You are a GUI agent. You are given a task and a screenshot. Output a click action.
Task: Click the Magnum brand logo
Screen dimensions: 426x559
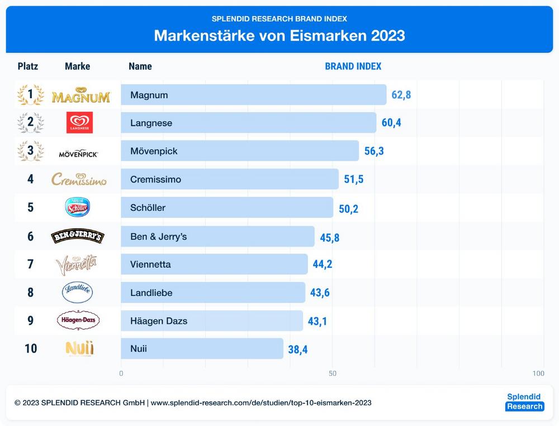tap(80, 95)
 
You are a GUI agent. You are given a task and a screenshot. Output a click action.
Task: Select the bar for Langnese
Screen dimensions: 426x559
tap(248, 123)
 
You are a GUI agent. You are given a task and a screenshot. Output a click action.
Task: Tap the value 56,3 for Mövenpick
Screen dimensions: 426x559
tap(374, 151)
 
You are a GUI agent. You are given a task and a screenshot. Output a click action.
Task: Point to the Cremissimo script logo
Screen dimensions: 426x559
tap(79, 180)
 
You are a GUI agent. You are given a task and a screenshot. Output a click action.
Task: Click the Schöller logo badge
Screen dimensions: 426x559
tap(77, 208)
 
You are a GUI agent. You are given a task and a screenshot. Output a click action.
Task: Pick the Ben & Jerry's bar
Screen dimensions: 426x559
tap(217, 237)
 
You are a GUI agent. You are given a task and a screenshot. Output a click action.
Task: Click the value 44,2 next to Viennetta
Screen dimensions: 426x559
tap(323, 264)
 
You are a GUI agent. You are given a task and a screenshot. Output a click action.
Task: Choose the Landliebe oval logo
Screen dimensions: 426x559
tap(77, 293)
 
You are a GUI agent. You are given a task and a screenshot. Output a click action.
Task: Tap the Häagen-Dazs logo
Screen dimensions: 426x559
tap(78, 320)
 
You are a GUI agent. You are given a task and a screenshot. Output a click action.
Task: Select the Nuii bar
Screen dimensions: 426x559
tap(202, 349)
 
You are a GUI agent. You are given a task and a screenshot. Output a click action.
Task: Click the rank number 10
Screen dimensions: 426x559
tap(31, 349)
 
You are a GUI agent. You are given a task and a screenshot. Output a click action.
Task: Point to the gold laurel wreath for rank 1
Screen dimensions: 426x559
tap(30, 95)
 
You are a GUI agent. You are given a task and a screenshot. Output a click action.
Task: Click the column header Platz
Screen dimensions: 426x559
tap(28, 66)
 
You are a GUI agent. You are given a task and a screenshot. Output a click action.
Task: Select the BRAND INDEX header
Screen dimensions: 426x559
tap(353, 66)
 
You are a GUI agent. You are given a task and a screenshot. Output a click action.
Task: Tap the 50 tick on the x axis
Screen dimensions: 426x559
tap(333, 374)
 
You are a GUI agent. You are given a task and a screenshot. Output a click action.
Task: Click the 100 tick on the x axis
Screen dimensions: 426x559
tap(538, 374)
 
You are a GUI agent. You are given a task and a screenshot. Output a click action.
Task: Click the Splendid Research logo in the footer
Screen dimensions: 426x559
tap(524, 402)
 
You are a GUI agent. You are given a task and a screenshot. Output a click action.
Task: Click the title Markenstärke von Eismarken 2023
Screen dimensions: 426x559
tap(279, 36)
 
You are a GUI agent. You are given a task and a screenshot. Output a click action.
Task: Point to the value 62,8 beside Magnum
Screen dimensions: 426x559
tap(401, 95)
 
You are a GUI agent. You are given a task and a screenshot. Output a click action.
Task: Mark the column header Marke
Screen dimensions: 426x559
tap(77, 66)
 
